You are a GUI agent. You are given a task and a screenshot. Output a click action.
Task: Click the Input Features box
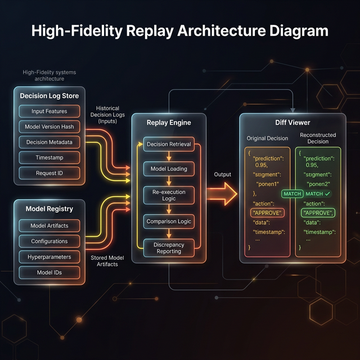coord(49,111)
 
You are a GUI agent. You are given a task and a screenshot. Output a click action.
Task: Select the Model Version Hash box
coord(49,127)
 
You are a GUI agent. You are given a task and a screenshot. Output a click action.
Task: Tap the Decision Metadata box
coord(49,142)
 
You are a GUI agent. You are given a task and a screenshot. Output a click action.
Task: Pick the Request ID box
coord(49,173)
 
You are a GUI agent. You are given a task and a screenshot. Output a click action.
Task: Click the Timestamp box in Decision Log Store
coord(49,157)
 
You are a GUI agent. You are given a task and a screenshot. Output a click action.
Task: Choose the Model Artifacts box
coord(49,226)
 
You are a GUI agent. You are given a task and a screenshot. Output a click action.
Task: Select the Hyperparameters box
coord(49,257)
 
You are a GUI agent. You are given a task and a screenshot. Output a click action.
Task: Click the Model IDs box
coord(49,273)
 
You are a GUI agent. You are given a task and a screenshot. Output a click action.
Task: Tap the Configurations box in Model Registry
coord(49,241)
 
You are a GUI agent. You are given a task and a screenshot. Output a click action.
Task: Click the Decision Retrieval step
coord(169,144)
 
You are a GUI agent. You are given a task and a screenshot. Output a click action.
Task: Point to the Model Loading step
coord(169,169)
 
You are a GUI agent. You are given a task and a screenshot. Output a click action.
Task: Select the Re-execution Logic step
coord(169,195)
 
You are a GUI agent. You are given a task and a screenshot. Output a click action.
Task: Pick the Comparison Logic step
coord(169,222)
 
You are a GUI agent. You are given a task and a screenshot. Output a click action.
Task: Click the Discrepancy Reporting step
coord(169,247)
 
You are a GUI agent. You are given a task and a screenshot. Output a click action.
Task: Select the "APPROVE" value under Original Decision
coord(267,213)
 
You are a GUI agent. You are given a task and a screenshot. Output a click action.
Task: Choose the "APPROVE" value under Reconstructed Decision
coord(318,213)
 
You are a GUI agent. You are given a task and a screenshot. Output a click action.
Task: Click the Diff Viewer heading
coord(292,122)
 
